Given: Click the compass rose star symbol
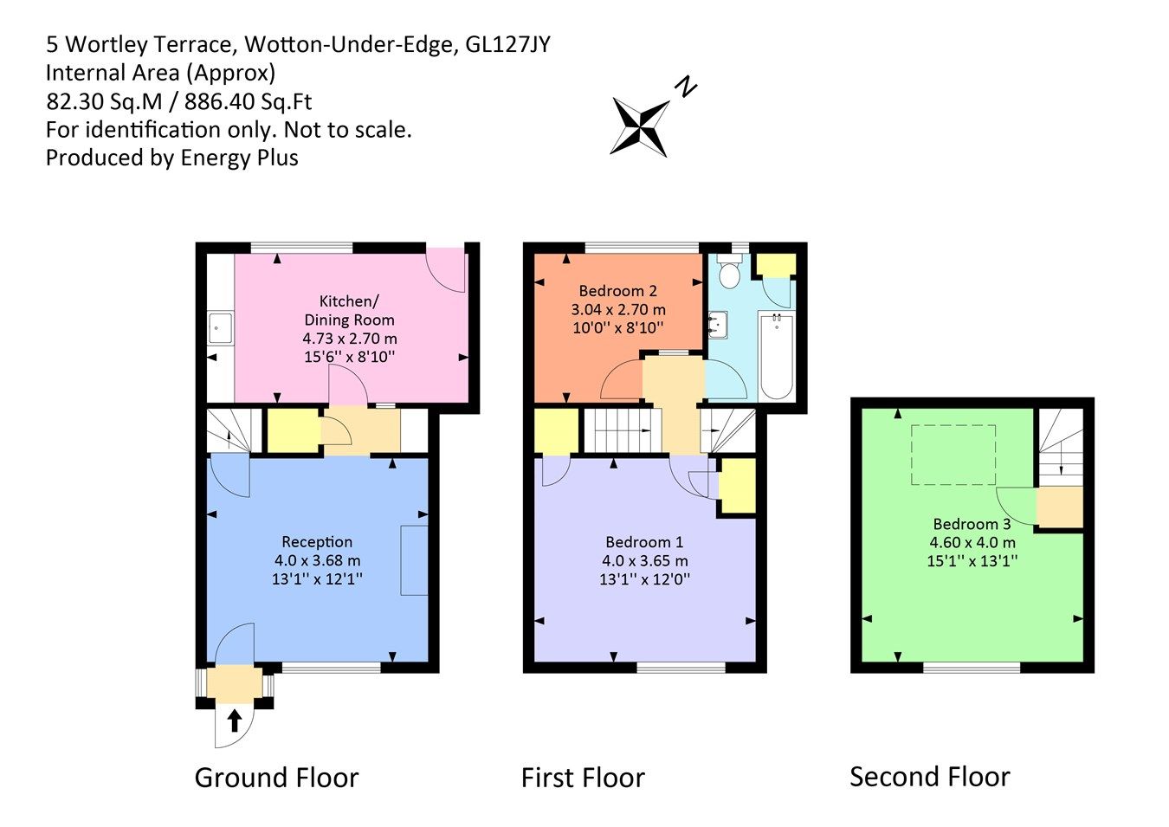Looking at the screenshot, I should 641,126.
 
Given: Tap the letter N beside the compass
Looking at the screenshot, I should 686,87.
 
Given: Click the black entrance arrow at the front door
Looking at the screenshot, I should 234,720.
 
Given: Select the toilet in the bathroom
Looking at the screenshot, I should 730,274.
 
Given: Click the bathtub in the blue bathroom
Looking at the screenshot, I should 776,356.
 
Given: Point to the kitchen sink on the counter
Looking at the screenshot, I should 220,328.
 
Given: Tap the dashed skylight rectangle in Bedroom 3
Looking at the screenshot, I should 953,455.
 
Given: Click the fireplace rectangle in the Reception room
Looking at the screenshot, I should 414,559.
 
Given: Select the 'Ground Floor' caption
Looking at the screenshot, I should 276,778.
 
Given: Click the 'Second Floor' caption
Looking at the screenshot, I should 929,777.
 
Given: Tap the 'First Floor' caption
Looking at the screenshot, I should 583,778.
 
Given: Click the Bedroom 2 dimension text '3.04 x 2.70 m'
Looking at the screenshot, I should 617,309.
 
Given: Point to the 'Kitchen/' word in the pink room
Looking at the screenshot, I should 349,301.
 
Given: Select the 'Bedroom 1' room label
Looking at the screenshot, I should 644,542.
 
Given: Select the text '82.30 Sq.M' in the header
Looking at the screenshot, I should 104,101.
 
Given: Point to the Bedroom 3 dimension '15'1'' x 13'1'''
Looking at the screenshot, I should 972,560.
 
